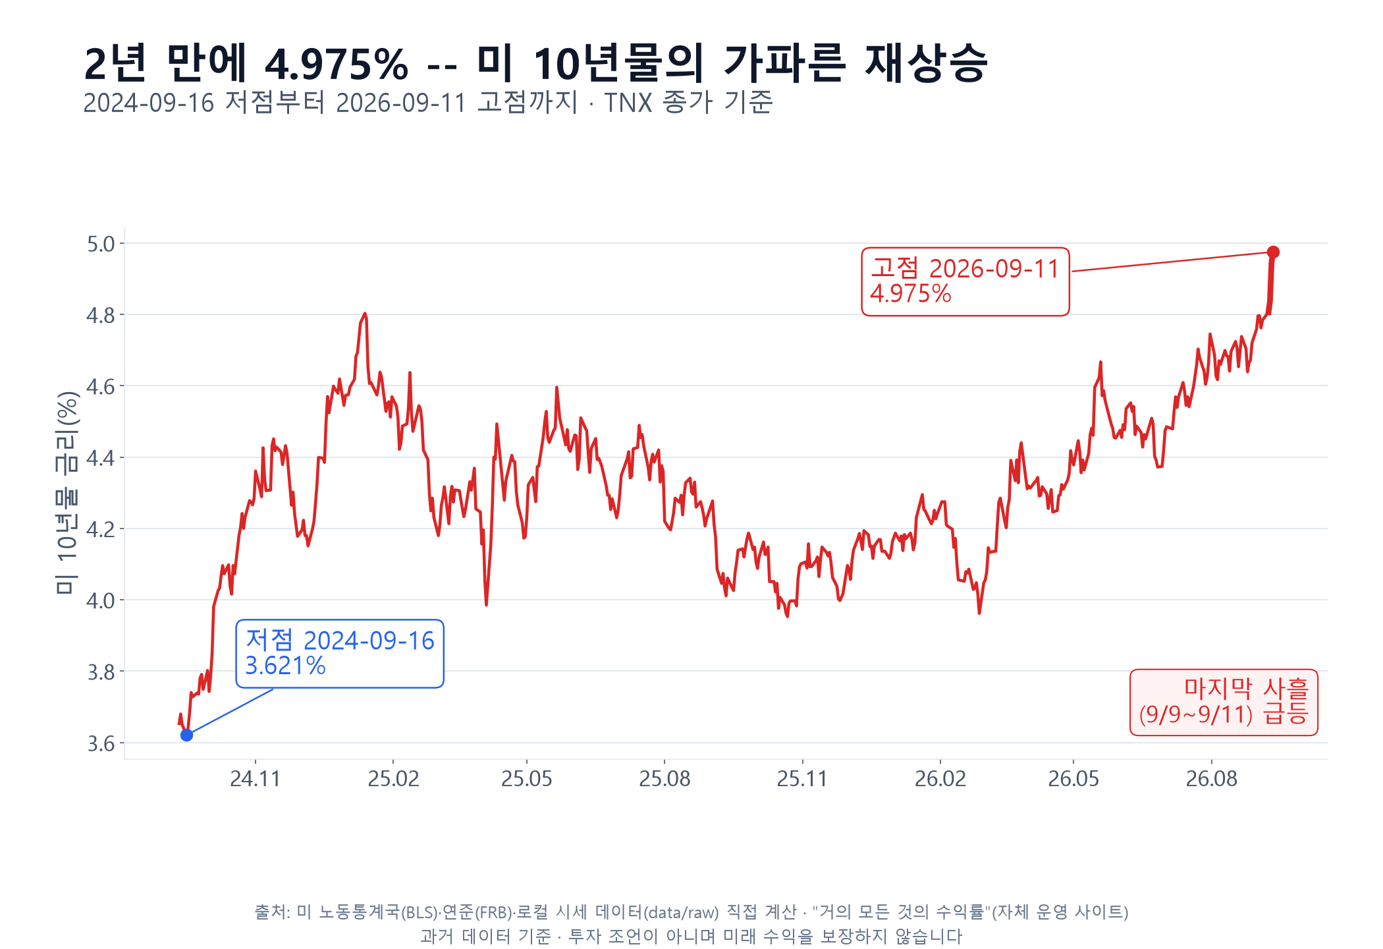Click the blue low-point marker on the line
click(186, 735)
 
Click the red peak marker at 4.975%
click(1273, 252)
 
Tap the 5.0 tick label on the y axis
click(101, 244)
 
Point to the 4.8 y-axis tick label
click(101, 316)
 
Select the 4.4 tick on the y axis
click(101, 458)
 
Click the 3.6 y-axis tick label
click(101, 743)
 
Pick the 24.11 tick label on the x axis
click(256, 779)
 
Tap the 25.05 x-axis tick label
click(527, 779)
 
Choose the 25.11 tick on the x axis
click(802, 779)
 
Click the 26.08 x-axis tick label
click(1212, 779)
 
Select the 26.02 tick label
click(940, 779)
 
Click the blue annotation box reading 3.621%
click(340, 654)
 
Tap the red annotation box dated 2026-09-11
click(965, 282)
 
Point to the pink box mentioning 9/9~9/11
click(1224, 703)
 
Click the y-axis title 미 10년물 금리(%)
click(67, 493)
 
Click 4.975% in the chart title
click(337, 65)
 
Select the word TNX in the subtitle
click(628, 103)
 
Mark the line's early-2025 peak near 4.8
click(365, 314)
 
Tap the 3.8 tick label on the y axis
click(101, 672)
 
